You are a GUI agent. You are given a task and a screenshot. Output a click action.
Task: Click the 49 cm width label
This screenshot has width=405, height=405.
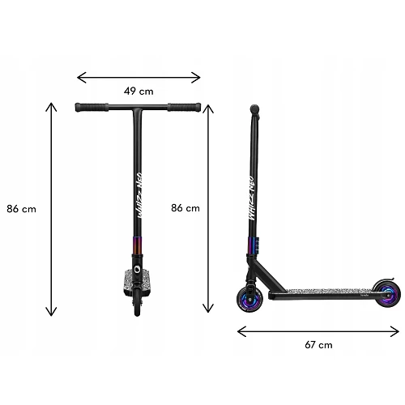coord(139,92)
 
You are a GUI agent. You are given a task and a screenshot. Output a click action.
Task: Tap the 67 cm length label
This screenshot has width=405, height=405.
coord(318,345)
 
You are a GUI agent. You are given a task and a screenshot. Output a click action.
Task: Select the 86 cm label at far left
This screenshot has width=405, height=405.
coord(21,209)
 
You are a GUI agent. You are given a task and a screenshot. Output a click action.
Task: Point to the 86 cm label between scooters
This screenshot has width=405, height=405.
coord(185,208)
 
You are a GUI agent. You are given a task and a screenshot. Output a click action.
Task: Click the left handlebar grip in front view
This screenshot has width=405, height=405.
coord(92,107)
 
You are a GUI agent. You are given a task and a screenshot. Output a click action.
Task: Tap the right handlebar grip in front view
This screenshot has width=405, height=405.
coord(184,107)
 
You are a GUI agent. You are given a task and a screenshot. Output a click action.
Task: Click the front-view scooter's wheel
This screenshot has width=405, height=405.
coord(137,302)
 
